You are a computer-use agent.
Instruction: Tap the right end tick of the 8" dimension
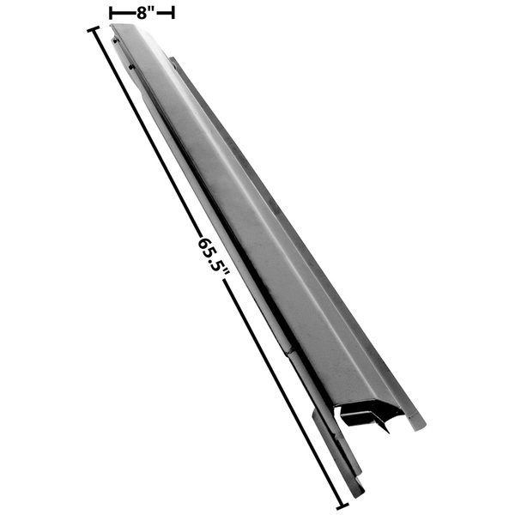(x=173, y=12)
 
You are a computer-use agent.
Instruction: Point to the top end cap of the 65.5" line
(x=92, y=30)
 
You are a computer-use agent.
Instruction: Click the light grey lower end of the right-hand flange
(x=416, y=422)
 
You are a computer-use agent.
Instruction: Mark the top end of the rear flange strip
(x=174, y=61)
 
